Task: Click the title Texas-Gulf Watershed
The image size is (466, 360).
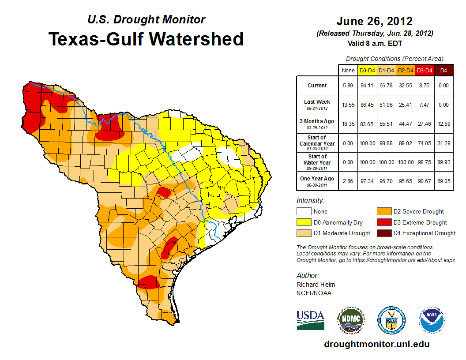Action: point(146,39)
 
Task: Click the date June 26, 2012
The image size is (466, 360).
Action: point(374,21)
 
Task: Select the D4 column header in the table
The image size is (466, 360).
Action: point(443,70)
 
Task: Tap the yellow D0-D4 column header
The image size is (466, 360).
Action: point(367,70)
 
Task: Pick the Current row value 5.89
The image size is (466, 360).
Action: point(348,86)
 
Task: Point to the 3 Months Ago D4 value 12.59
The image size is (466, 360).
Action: point(443,124)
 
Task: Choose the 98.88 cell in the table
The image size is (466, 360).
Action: point(386,143)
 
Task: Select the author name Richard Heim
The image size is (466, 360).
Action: point(316,285)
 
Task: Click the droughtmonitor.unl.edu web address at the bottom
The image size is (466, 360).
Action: point(376,344)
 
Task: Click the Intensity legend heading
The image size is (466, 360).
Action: point(310,201)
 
